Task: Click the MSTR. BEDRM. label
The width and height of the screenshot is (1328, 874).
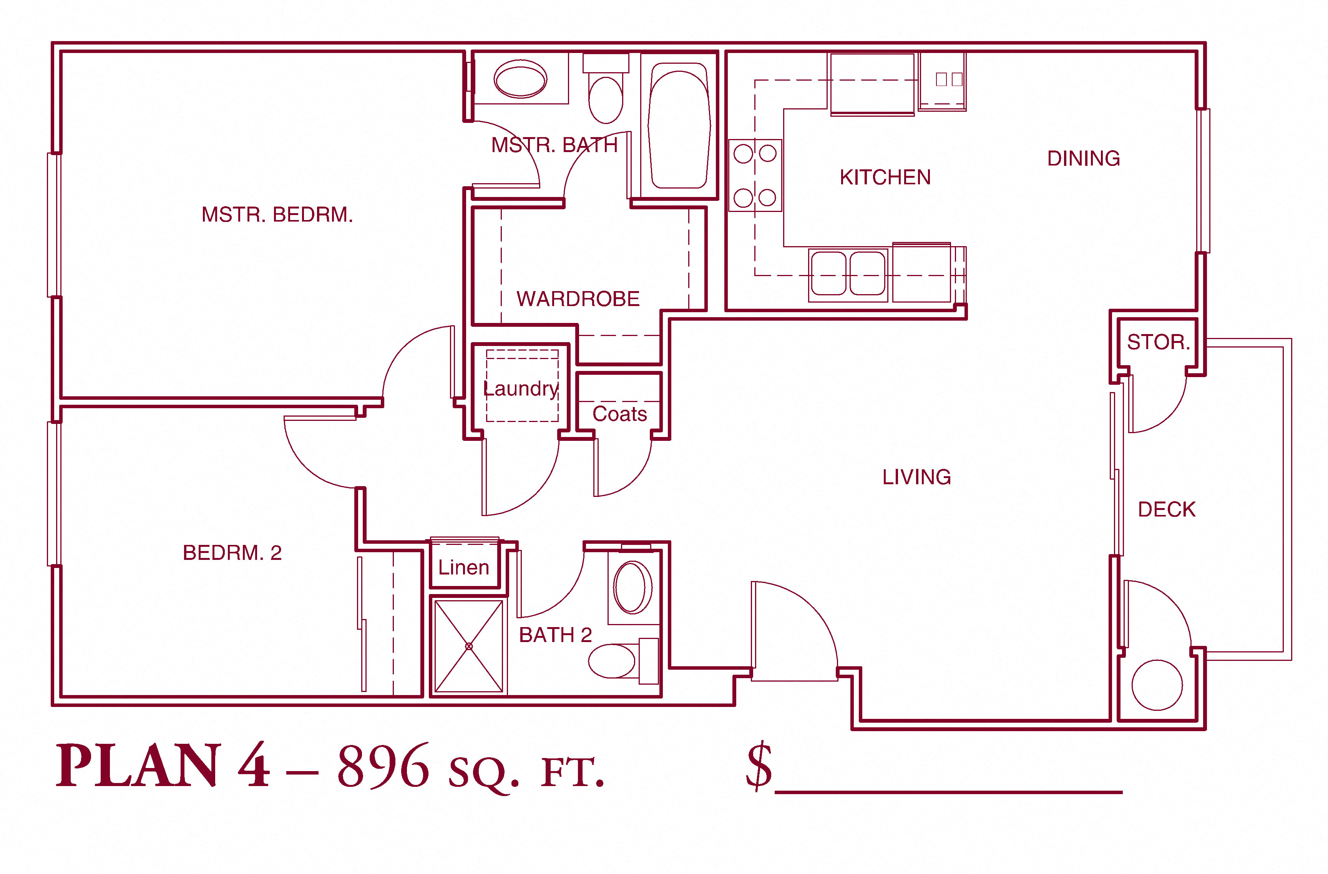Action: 277,215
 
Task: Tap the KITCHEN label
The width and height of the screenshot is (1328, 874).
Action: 885,177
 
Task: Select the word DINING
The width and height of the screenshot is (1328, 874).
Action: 1084,158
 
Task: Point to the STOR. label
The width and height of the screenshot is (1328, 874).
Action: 1159,342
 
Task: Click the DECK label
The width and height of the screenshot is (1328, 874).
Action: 1167,509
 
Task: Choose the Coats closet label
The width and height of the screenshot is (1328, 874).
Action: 619,414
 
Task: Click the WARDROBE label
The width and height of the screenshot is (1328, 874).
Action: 578,299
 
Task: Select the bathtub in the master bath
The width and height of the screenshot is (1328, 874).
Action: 679,126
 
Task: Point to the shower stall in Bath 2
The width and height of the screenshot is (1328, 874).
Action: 469,646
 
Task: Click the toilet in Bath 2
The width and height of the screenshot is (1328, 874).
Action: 624,661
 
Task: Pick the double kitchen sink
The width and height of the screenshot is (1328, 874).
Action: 848,274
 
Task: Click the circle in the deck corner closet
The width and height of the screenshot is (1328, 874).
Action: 1157,685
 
